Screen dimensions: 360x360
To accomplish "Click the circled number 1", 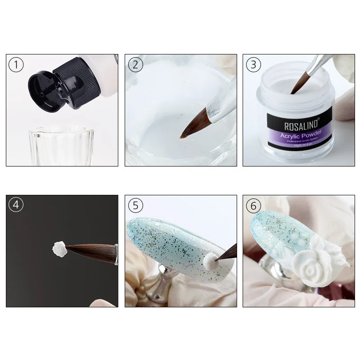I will click(x=16, y=65).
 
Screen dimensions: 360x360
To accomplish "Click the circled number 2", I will click(x=135, y=65).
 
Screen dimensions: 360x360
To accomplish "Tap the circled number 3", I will click(x=253, y=65).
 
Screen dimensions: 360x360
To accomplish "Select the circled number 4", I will click(x=16, y=205).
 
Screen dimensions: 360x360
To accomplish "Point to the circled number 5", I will click(x=135, y=205).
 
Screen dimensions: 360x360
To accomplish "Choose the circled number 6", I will click(x=253, y=205).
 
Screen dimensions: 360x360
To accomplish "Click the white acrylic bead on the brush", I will click(x=58, y=247).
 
